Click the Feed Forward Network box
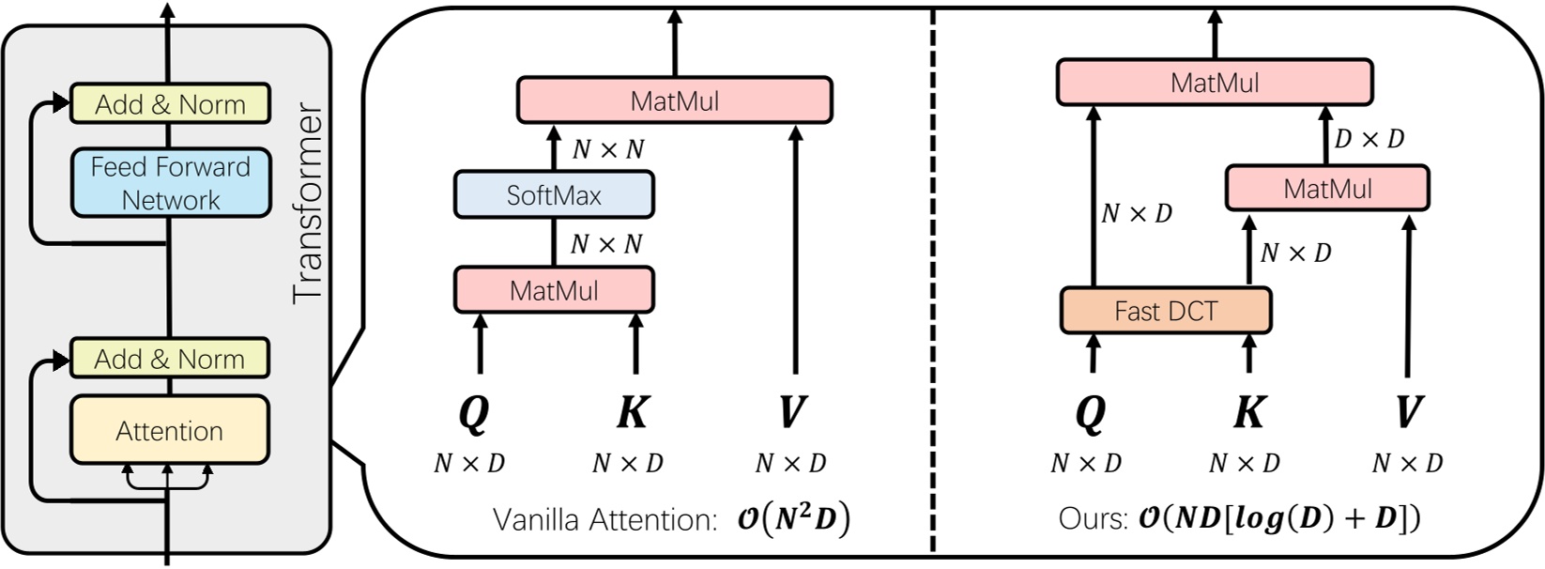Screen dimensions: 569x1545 point(170,183)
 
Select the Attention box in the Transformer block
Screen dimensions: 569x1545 point(170,431)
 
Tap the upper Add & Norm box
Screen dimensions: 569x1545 point(170,104)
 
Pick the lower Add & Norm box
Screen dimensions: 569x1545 point(170,359)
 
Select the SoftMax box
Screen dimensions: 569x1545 point(554,195)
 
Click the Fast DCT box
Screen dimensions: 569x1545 point(1165,311)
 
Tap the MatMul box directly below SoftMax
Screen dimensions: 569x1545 point(554,290)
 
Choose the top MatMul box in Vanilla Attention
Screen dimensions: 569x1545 point(674,100)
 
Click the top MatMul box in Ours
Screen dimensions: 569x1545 point(1214,83)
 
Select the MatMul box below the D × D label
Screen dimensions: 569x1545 point(1327,189)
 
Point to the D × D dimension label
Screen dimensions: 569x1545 point(1369,139)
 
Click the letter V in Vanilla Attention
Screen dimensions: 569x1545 point(791,411)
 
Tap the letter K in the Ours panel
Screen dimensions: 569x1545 point(1248,411)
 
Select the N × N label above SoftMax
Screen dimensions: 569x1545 point(607,149)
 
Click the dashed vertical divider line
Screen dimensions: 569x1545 point(932,282)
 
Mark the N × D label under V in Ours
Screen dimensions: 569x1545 point(1407,463)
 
